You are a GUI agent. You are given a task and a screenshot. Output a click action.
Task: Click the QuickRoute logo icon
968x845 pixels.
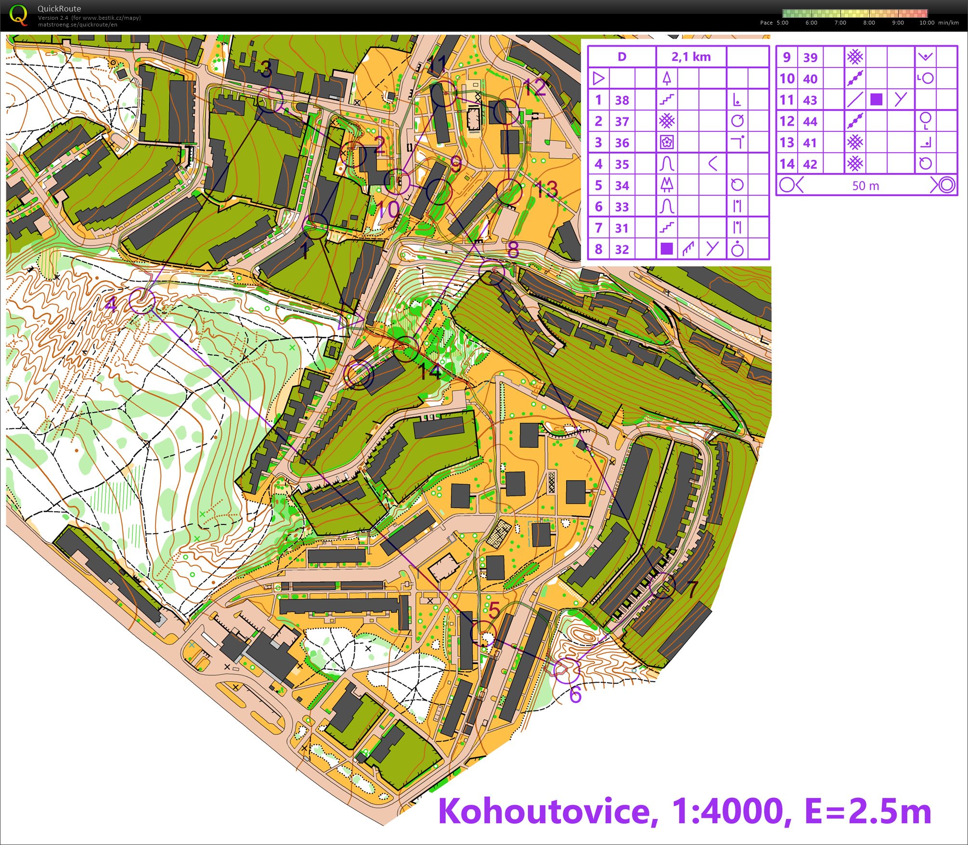[x=18, y=14]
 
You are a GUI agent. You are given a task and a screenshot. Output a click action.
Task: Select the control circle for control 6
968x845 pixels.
[x=567, y=670]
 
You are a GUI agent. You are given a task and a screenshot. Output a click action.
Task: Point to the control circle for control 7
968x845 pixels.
[x=662, y=585]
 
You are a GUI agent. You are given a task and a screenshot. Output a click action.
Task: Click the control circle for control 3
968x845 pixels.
[x=270, y=100]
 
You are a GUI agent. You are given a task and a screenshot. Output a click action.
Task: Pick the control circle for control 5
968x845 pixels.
[x=483, y=634]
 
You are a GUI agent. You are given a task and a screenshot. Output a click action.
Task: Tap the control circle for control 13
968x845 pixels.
[x=509, y=192]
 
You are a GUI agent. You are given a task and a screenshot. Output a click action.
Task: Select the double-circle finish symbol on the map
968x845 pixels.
[x=359, y=375]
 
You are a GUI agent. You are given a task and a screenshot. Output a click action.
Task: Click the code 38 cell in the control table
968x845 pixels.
[x=622, y=100]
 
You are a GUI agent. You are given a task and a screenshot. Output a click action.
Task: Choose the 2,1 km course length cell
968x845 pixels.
[x=691, y=57]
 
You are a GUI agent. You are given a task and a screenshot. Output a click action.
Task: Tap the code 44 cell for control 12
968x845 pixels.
[x=810, y=121]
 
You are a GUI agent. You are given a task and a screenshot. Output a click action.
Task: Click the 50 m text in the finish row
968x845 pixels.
[x=865, y=185]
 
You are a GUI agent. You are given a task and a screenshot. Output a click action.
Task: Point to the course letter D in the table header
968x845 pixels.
[x=621, y=57]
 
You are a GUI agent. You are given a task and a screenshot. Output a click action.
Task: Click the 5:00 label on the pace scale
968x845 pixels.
[x=782, y=23]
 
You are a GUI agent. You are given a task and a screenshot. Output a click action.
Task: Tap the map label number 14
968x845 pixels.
[x=430, y=372]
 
